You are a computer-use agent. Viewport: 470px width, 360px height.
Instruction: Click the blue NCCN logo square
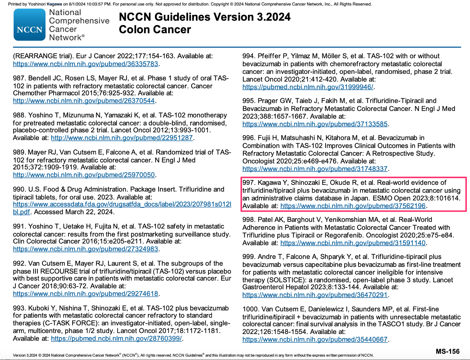pos(29,25)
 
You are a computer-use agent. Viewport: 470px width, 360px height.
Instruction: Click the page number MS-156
pos(448,351)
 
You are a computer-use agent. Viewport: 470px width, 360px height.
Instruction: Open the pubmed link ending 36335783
pos(85,64)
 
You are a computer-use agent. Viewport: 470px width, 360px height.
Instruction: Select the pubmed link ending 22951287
pos(122,138)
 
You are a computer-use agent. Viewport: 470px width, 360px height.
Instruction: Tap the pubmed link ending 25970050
pos(84,175)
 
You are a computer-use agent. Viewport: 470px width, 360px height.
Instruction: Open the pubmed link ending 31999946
pos(308,87)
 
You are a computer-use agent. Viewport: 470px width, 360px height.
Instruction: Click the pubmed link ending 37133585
pos(315,124)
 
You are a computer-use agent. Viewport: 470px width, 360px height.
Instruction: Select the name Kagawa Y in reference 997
pos(272,183)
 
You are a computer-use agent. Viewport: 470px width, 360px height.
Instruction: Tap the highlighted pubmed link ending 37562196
pos(353,206)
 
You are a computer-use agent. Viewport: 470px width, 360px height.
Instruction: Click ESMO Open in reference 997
pos(392,198)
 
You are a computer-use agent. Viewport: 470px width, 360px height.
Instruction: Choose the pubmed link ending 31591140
pos(353,243)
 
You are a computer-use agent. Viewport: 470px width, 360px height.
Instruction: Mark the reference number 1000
pos(250,309)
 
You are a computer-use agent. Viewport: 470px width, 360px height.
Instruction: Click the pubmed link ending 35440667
pos(315,340)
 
